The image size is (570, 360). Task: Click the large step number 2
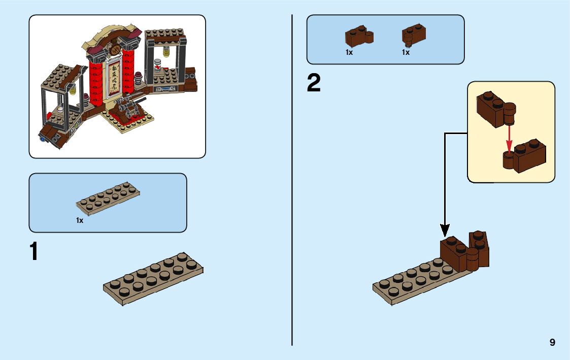[x=314, y=84]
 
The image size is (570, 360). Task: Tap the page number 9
[x=552, y=343]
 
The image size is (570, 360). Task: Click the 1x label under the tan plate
[x=80, y=220]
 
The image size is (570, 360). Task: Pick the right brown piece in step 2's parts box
[x=414, y=35]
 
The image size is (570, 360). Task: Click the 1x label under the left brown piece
[x=349, y=52]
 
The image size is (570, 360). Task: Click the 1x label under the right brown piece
[x=406, y=52]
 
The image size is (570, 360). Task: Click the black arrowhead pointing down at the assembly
[x=445, y=232]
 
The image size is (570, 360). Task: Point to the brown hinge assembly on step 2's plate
[x=465, y=251]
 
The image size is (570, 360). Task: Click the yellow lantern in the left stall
[x=73, y=90]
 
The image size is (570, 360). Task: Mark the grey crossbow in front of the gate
[x=127, y=107]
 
